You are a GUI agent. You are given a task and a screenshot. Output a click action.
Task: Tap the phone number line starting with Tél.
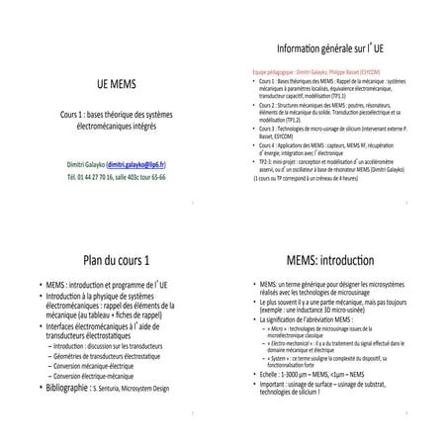tap(117, 177)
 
